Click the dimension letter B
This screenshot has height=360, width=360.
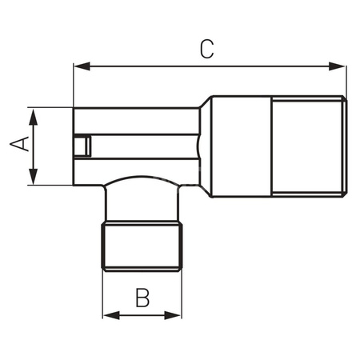[x=142, y=298]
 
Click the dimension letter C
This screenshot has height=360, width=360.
[x=206, y=50]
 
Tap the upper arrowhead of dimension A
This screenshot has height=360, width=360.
[x=33, y=114]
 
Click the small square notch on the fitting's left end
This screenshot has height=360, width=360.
[x=79, y=148]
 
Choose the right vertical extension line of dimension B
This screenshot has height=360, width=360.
[x=182, y=296]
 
